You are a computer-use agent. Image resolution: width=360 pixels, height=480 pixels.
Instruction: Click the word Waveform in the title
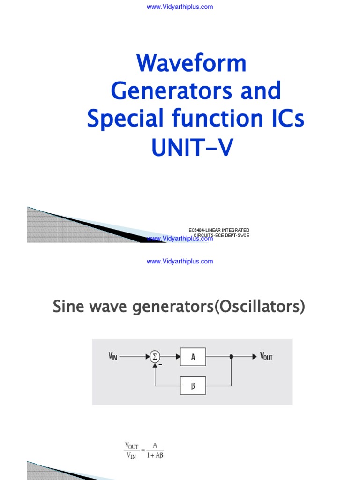click(x=191, y=63)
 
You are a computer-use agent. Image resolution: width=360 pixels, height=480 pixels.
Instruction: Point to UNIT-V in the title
click(x=191, y=147)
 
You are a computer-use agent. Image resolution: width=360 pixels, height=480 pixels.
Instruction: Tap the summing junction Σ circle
click(x=155, y=357)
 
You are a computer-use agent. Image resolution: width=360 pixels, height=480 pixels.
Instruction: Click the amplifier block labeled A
click(x=193, y=357)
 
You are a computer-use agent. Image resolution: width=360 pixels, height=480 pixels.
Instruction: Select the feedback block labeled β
click(x=193, y=385)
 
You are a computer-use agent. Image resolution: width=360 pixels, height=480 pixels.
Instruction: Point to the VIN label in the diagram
click(x=112, y=357)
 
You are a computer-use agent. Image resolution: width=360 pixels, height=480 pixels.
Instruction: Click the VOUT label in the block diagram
click(x=266, y=357)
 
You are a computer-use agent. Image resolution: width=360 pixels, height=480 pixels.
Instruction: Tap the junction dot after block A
click(x=231, y=357)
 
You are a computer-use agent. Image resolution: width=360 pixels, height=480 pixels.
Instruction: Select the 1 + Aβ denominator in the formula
click(x=155, y=454)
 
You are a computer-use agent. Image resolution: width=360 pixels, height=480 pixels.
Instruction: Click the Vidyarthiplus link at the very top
click(x=180, y=7)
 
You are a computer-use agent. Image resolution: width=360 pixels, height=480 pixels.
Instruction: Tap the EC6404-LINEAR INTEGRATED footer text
click(x=216, y=230)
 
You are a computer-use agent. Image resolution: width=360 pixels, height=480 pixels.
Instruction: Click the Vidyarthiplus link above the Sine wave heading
click(x=180, y=261)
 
